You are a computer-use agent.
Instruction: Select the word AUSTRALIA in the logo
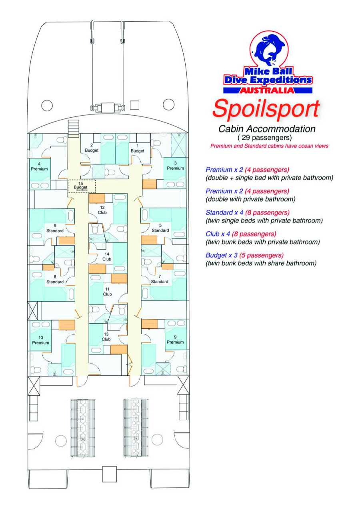pos(267,90)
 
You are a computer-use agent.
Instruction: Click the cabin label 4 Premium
pos(39,166)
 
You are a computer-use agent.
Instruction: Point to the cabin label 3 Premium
pos(175,166)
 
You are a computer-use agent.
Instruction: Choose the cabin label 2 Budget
pos(92,148)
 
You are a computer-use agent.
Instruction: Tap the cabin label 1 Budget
pos(138,148)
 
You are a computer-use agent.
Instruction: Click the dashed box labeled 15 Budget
pos(82,186)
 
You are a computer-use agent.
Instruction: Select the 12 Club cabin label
pos(102,210)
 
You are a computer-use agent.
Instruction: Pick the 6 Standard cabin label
pos(55,228)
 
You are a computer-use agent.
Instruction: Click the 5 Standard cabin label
pos(160,228)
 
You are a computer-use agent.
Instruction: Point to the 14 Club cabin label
pos(107,257)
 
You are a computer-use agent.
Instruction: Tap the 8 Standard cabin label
pos(55,279)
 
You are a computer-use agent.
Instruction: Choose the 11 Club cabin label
pos(107,292)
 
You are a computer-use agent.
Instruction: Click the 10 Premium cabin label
pos(40,340)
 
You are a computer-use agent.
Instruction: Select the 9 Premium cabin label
pos(175,339)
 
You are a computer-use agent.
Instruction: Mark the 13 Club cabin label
pos(106,337)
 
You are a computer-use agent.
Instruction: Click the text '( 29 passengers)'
pos(265,138)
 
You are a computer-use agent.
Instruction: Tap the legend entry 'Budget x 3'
pos(222,255)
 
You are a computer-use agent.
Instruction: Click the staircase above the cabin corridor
pos(74,128)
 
